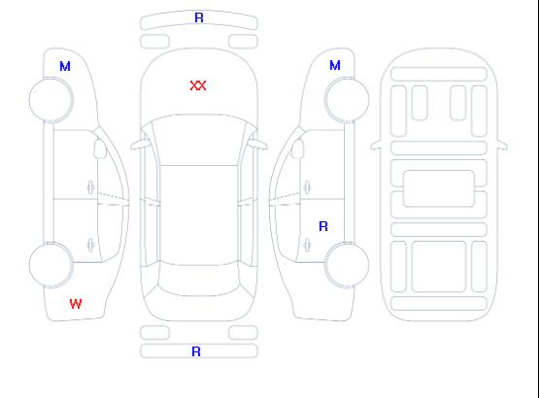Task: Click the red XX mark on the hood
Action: coord(198,85)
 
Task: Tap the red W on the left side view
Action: coord(76,304)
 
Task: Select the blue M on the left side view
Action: coord(65,66)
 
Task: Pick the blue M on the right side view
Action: coord(335,65)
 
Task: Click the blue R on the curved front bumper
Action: coord(199,17)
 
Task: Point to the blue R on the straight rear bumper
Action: coord(196,351)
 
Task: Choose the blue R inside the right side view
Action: coord(323,226)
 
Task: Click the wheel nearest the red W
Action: coord(51,265)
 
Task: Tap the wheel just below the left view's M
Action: coord(51,100)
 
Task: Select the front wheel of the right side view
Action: coord(347,100)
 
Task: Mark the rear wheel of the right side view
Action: coord(347,265)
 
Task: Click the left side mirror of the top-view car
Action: coord(139,145)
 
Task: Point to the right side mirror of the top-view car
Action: coord(258,145)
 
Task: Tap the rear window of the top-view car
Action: coord(199,279)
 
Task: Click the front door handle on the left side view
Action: coord(90,187)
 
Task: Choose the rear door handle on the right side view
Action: coord(307,245)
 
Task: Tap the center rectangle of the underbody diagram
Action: coord(439,188)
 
